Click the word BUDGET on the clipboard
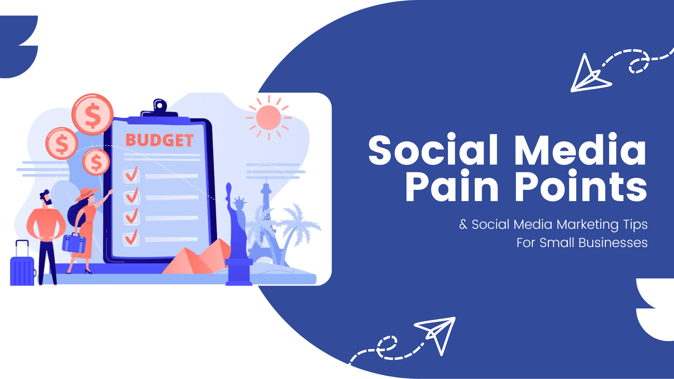click(159, 140)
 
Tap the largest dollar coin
click(93, 114)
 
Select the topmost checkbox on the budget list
click(131, 174)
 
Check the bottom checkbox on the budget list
click(131, 238)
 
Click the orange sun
click(269, 118)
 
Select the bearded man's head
click(46, 198)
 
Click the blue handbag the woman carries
click(74, 242)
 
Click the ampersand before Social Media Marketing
click(463, 224)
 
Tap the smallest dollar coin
click(96, 162)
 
